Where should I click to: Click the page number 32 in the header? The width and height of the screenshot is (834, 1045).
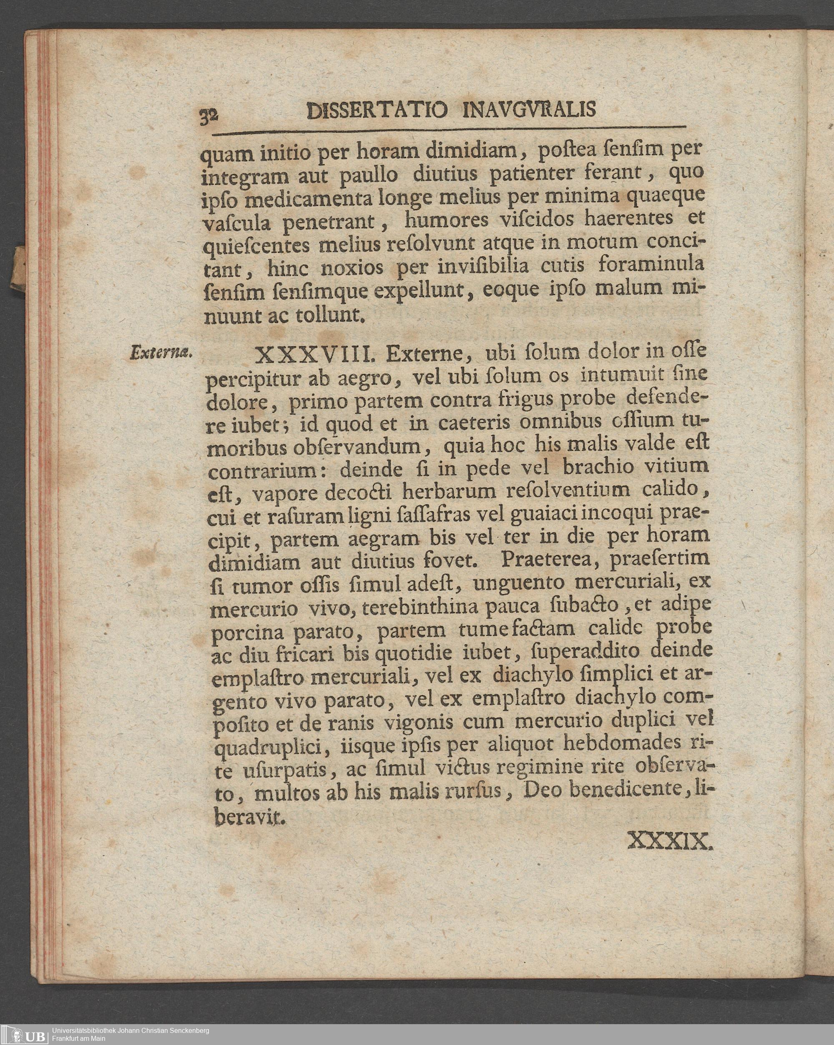pos(209,116)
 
